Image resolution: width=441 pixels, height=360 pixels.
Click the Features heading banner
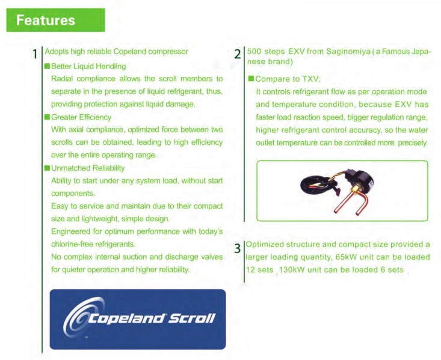56,20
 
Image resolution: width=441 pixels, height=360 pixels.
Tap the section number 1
35,54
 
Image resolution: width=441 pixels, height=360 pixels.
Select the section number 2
238,54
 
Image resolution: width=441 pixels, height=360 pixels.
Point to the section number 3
238,248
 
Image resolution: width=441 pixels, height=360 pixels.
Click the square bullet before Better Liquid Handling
48,66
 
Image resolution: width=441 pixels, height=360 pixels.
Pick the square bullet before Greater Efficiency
48,117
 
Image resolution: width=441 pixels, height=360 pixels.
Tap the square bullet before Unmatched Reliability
48,168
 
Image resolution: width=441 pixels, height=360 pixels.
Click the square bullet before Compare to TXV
251,78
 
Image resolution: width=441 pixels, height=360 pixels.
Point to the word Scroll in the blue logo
192,318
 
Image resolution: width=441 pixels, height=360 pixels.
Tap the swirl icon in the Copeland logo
82,316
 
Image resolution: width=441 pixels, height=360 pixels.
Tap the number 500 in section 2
254,52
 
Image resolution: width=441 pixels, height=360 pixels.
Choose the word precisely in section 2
413,143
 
